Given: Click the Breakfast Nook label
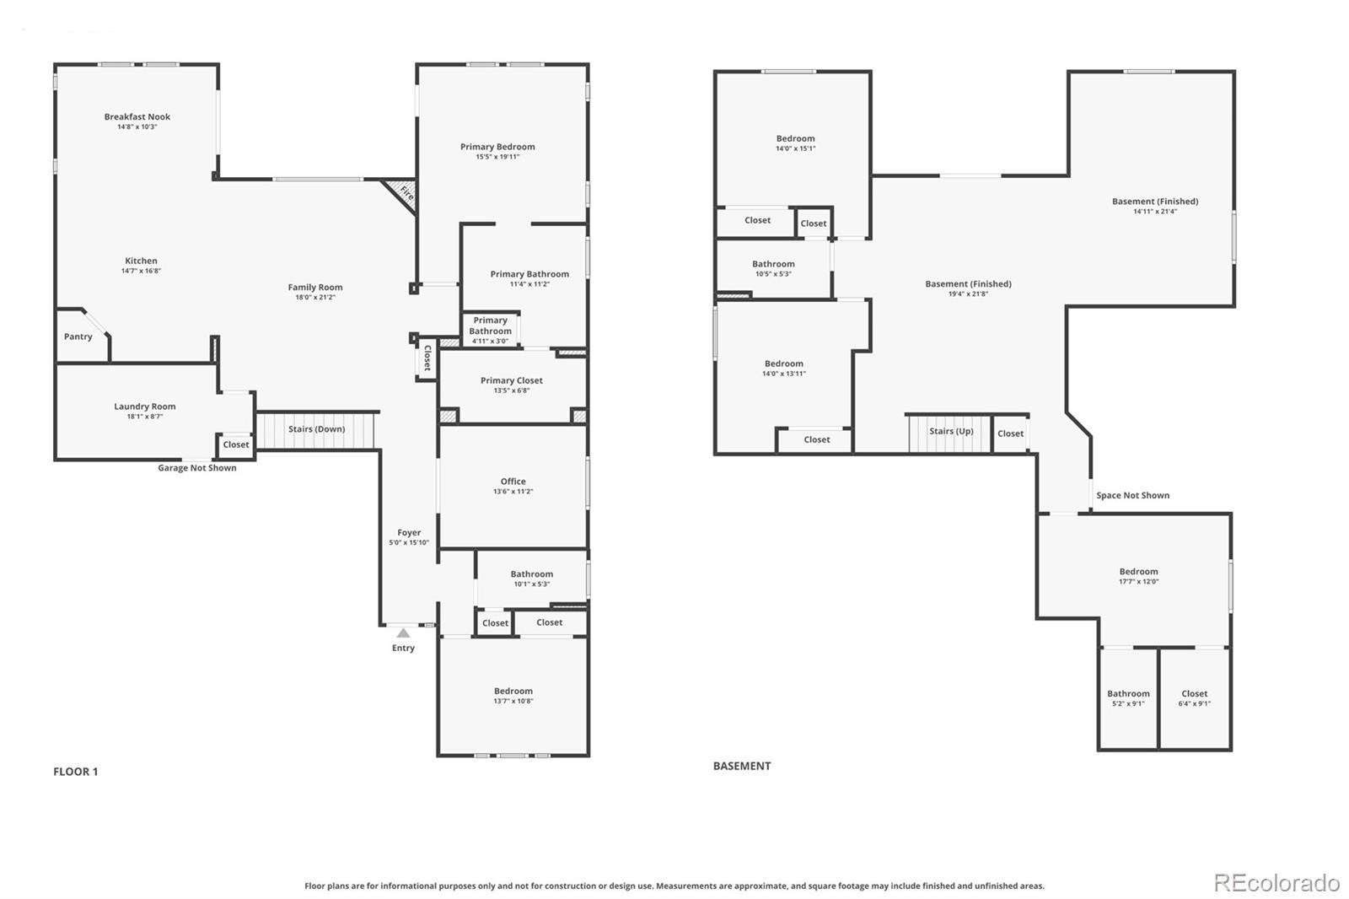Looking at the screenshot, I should [x=137, y=117].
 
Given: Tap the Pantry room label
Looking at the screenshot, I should [x=78, y=336].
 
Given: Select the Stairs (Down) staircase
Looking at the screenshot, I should [x=316, y=429].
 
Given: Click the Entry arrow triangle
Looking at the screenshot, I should [x=403, y=633].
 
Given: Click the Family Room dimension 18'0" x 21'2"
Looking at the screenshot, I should [x=315, y=298].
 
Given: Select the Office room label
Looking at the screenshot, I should [x=513, y=482].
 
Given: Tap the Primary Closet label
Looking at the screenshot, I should [x=512, y=380].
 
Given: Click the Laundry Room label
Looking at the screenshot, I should [x=145, y=406].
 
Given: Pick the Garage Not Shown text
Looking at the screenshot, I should [x=197, y=468].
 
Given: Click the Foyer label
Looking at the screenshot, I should [x=409, y=533].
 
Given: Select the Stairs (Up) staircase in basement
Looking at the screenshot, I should [x=950, y=432].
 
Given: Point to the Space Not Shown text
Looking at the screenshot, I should [x=1132, y=496].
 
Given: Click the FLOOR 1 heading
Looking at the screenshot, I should [x=76, y=772].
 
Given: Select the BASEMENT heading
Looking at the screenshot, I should [x=742, y=766].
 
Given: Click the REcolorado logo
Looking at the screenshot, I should [x=1276, y=883].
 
